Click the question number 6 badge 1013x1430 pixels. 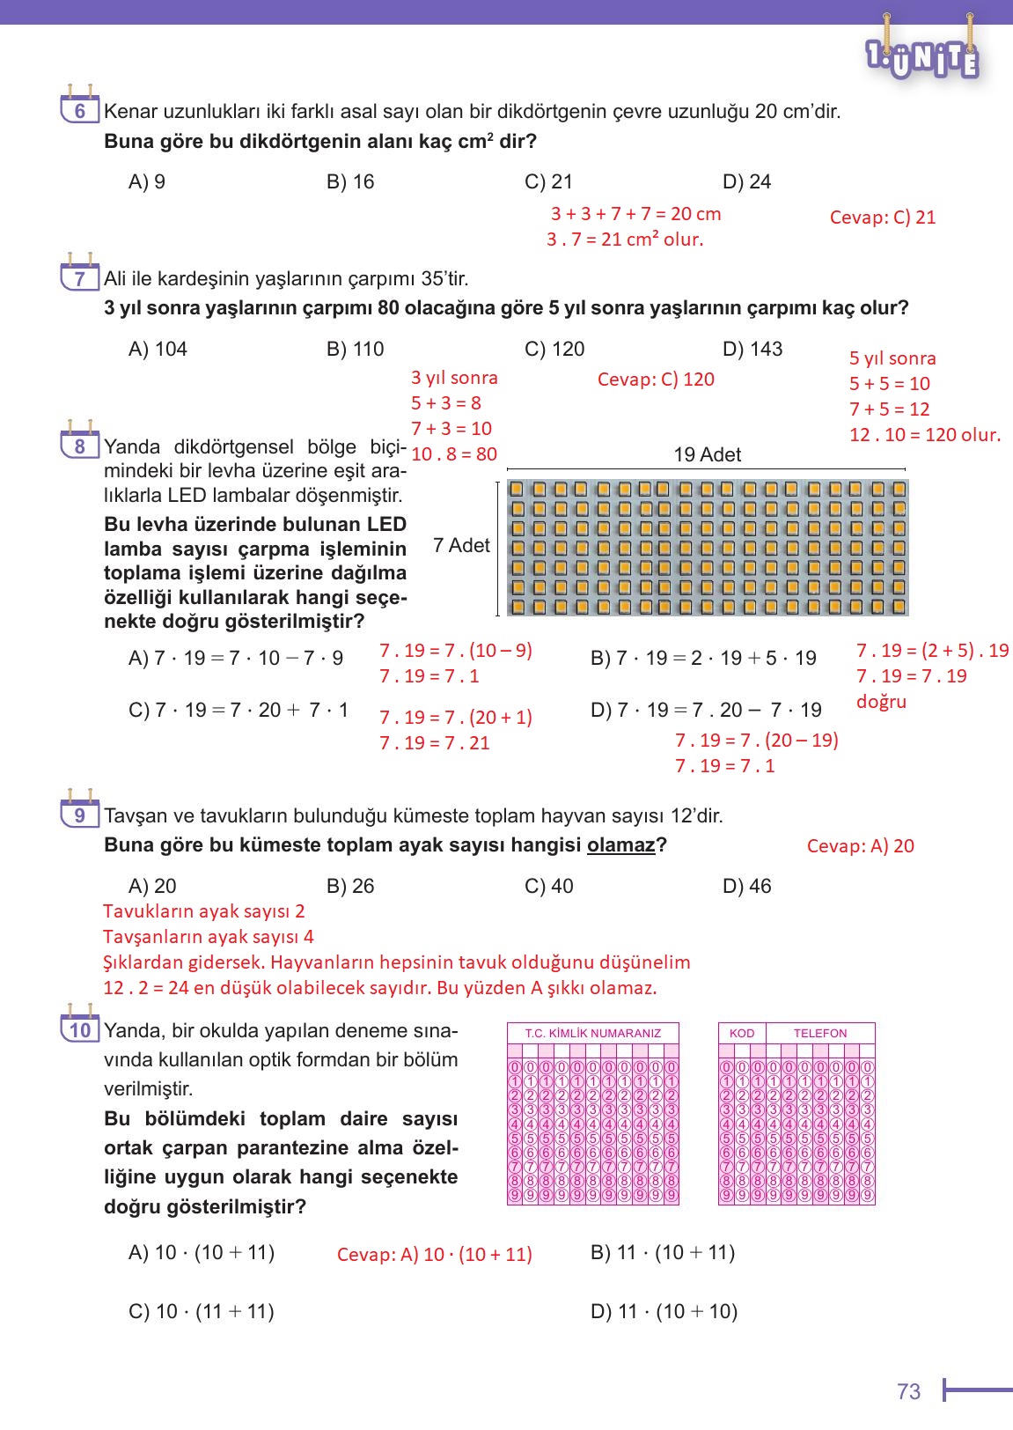point(79,109)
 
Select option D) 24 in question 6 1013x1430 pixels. point(746,181)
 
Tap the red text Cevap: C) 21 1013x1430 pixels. point(882,217)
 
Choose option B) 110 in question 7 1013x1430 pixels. point(355,349)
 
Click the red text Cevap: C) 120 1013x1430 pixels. point(656,380)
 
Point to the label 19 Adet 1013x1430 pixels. point(707,455)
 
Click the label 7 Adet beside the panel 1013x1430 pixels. point(461,546)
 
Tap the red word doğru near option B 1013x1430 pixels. point(881,702)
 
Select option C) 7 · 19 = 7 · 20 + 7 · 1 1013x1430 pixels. point(239,710)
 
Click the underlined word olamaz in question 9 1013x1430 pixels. point(620,845)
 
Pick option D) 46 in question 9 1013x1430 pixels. point(746,886)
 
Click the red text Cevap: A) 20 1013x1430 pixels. point(860,846)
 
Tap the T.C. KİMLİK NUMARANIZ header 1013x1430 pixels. point(592,1033)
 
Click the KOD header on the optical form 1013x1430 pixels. point(742,1033)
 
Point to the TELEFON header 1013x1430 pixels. point(819,1033)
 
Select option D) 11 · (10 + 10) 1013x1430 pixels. point(664,1311)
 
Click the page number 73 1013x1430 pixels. point(908,1391)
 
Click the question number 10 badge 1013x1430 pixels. point(79,1028)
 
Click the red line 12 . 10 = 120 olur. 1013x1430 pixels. point(924,435)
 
